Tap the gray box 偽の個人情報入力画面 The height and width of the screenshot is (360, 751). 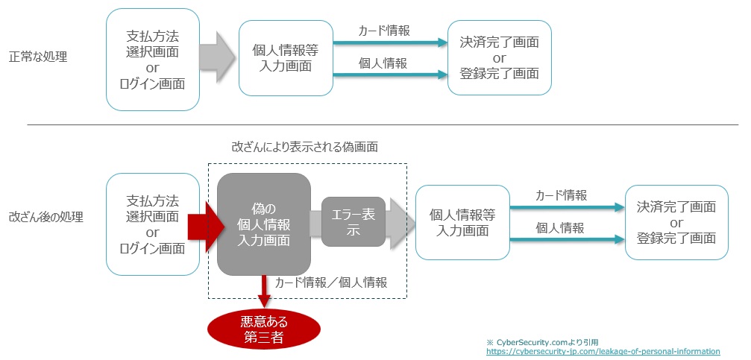(264, 224)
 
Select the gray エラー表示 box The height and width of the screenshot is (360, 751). (353, 223)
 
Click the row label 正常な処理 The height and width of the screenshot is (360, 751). (38, 56)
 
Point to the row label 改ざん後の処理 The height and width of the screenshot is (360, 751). (45, 217)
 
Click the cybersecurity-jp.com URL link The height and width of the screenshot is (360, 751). (603, 350)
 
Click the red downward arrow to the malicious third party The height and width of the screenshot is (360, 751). (264, 291)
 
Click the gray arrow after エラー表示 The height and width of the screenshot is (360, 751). (400, 223)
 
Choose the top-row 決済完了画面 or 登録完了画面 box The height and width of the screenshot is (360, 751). (500, 57)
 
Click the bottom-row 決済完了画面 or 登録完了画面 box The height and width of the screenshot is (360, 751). (676, 222)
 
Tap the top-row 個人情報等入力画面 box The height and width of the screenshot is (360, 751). (286, 58)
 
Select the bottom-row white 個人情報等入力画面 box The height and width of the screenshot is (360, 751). (462, 222)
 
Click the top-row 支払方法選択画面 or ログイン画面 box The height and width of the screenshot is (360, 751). (153, 60)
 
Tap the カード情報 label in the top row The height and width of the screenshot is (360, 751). (384, 31)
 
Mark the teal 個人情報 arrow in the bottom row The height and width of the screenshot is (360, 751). (568, 240)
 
